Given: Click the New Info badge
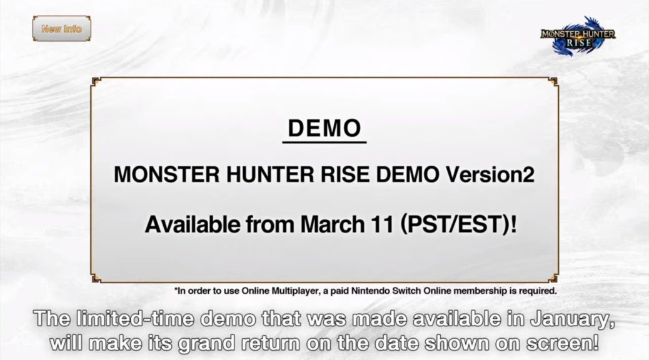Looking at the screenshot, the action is click(62, 29).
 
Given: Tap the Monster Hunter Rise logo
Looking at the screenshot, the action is click(578, 36).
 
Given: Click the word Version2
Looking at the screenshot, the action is click(490, 174).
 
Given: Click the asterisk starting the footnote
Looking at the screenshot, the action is click(176, 289).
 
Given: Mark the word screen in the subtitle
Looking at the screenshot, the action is click(559, 344).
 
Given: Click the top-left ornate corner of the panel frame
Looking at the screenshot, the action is click(96, 81).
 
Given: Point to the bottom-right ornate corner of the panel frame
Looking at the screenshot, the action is click(553, 278).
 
